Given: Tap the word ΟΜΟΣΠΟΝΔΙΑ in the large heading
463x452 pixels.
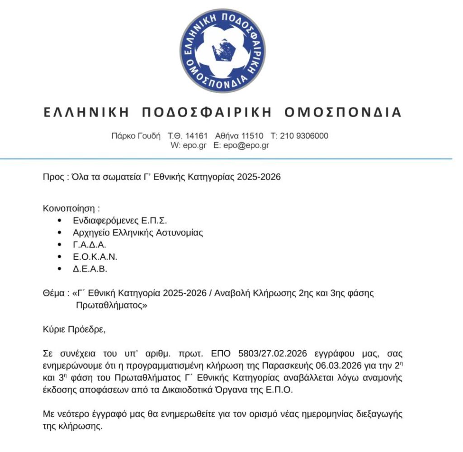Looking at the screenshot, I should coord(343,112).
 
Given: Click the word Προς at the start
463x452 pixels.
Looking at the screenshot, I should coord(52,176).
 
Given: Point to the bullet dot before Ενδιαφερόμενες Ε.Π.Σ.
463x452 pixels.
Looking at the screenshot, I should coord(60,221).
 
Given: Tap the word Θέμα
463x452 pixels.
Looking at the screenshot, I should coord(53,293).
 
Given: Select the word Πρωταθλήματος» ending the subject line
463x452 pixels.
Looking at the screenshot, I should coord(112,305).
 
